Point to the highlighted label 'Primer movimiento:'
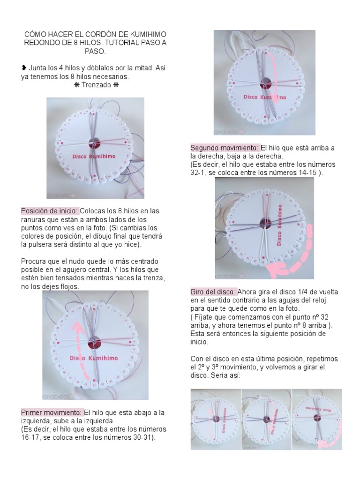click(52, 412)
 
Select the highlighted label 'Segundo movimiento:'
click(225, 148)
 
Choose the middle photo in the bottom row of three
click(266, 419)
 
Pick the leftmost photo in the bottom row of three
click(216, 419)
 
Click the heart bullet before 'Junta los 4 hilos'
click(23, 68)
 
